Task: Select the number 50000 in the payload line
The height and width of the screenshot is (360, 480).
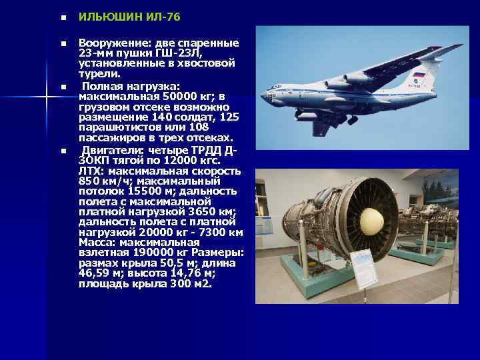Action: tap(193, 97)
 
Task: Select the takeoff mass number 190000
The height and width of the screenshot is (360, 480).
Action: tap(143, 253)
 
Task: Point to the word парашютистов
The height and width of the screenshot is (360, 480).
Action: tap(118, 127)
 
